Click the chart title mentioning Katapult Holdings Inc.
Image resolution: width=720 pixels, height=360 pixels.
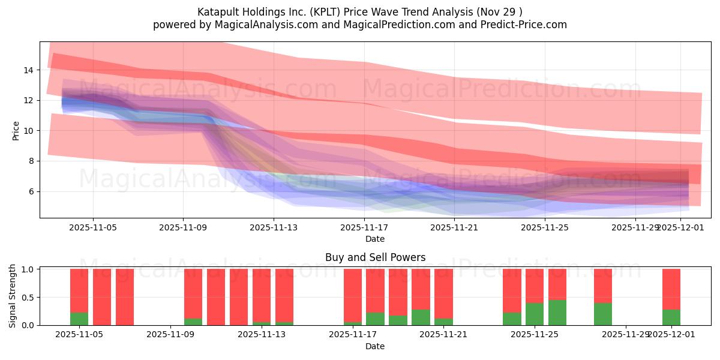[x=359, y=12]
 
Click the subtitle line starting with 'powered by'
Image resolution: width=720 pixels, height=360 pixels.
[x=359, y=25]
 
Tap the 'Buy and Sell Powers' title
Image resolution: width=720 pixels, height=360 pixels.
[x=375, y=257]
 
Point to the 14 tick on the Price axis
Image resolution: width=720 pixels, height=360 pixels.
[x=28, y=70]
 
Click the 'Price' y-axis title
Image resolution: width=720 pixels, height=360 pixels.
[x=16, y=130]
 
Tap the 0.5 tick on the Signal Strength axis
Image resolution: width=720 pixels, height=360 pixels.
[x=27, y=297]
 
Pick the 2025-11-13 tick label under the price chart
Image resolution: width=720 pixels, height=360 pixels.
[x=273, y=227]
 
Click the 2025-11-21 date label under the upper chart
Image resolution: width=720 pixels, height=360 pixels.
[x=454, y=227]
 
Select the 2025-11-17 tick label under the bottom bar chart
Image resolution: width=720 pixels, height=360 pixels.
[x=352, y=335]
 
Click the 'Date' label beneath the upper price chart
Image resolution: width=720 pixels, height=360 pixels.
[x=375, y=239]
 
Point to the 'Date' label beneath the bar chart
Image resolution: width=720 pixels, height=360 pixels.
[x=375, y=346]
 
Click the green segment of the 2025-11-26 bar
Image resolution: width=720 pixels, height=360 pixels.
[x=557, y=313]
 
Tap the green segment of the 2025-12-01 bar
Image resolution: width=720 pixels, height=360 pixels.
[x=671, y=317]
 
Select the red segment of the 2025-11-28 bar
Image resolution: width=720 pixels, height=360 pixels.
[x=603, y=286]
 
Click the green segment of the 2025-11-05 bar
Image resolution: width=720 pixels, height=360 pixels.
[x=79, y=319]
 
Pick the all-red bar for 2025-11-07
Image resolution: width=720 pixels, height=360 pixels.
[x=125, y=297]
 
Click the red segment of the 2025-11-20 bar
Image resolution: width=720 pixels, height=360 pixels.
[x=421, y=288]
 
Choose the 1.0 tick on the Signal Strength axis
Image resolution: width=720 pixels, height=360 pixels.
[x=27, y=269]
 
